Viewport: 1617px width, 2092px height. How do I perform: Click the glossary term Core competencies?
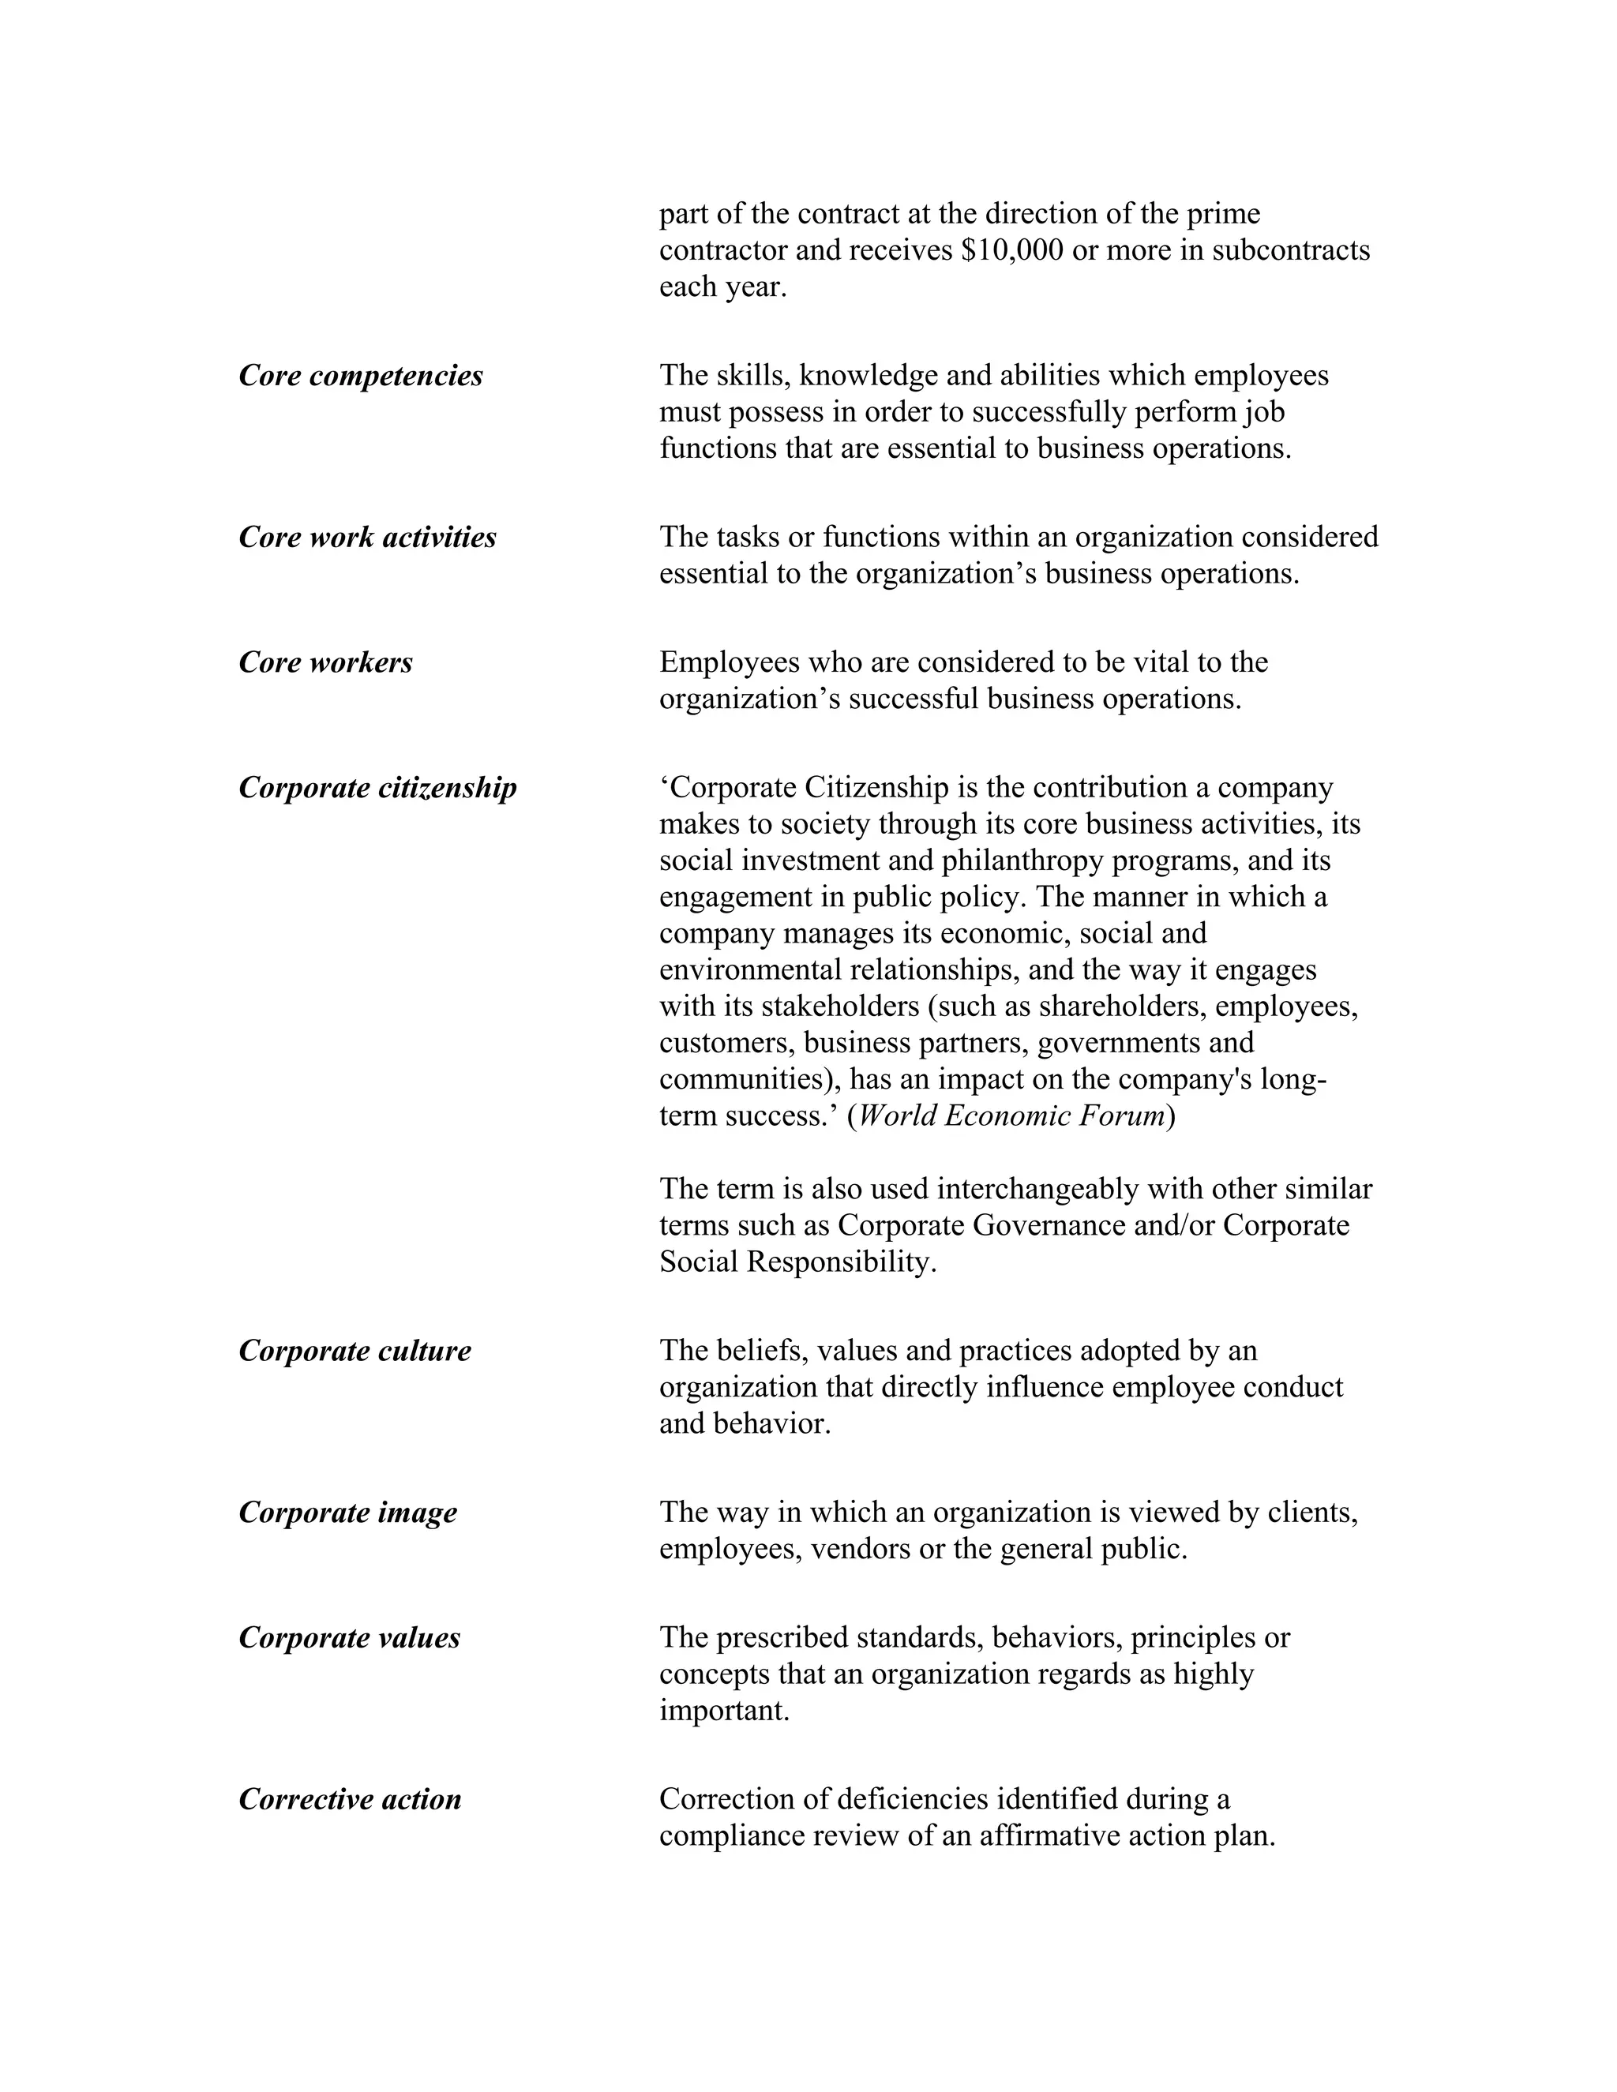(x=360, y=376)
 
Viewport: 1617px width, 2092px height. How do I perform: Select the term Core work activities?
(x=367, y=538)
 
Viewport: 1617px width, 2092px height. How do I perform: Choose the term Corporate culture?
(x=355, y=1351)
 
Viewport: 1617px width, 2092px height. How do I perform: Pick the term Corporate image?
(x=347, y=1513)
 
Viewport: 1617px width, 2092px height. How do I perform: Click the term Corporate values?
(x=349, y=1638)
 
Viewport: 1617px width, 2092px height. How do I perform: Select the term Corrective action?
(x=350, y=1800)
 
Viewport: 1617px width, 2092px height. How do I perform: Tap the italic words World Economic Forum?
(x=1011, y=1116)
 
